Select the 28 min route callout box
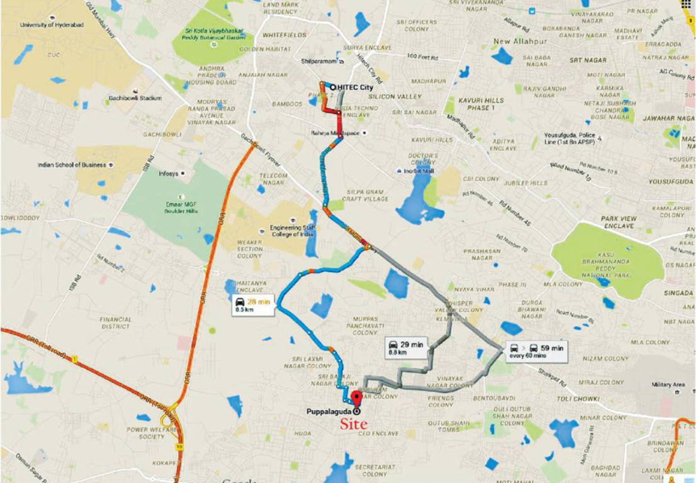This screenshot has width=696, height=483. [252, 305]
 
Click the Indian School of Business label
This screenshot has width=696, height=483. [72, 165]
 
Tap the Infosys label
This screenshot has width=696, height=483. [169, 173]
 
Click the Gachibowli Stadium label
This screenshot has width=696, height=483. [134, 98]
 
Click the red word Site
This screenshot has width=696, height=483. [354, 425]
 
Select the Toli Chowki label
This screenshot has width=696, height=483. [576, 399]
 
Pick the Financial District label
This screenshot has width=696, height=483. [116, 323]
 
